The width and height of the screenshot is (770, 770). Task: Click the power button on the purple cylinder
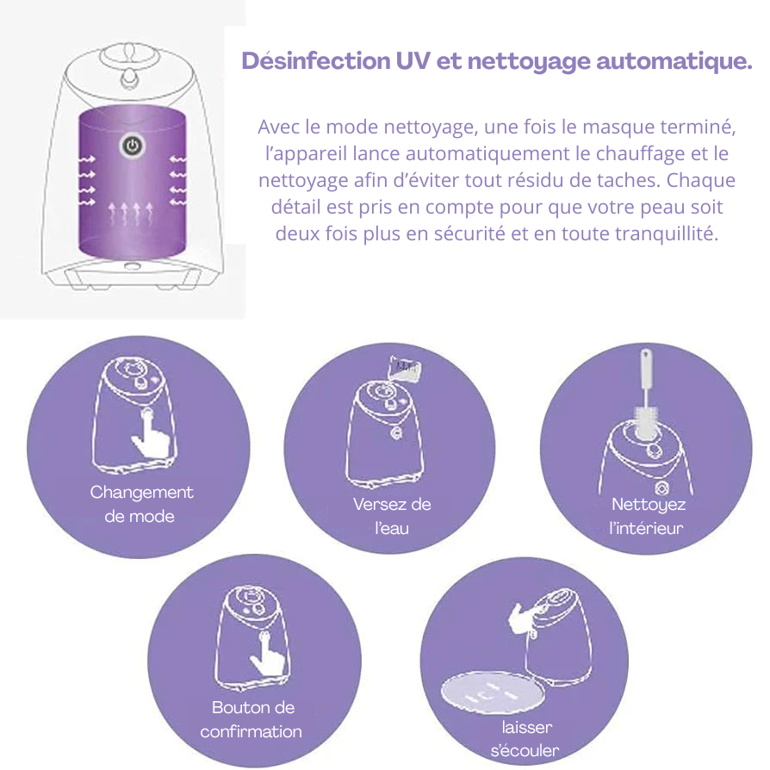(132, 146)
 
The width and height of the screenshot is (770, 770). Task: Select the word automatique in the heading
(674, 62)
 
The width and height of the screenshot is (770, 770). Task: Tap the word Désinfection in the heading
(316, 61)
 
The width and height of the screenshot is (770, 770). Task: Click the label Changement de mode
(141, 504)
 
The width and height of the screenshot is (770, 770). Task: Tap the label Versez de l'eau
(392, 516)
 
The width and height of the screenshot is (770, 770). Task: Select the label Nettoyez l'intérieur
(647, 516)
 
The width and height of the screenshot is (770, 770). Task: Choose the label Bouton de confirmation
(251, 719)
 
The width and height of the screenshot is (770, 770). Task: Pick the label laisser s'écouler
(525, 739)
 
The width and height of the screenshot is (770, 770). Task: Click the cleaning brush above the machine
(646, 393)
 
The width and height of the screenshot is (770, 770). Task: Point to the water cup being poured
(405, 367)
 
